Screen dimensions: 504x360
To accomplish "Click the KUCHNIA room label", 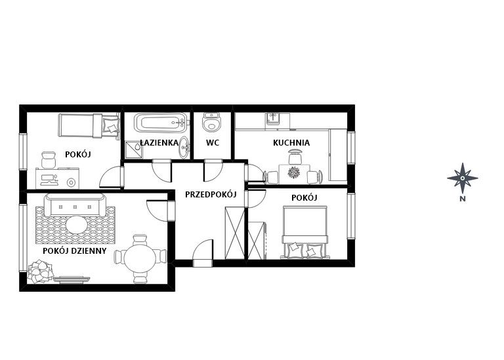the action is pyautogui.click(x=291, y=143).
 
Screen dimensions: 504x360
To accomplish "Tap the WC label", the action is pyautogui.click(x=213, y=142).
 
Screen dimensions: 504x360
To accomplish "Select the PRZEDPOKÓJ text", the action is pyautogui.click(x=211, y=194).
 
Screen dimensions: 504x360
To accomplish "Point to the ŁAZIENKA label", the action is pyautogui.click(x=159, y=142).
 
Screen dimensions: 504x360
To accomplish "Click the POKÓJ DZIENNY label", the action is pyautogui.click(x=75, y=250).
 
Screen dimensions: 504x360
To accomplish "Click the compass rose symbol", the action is pyautogui.click(x=462, y=178).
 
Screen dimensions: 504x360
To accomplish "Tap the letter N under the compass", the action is pyautogui.click(x=463, y=199).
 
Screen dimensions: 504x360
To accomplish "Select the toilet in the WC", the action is pyautogui.click(x=211, y=121).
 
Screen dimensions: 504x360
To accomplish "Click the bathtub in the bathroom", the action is pyautogui.click(x=161, y=123).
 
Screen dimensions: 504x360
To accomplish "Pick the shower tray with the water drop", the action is pyautogui.click(x=133, y=150).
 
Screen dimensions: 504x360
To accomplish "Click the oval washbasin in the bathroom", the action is pyautogui.click(x=184, y=148).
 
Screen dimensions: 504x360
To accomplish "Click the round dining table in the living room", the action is pyautogui.click(x=140, y=258).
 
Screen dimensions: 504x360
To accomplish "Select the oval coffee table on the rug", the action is pyautogui.click(x=77, y=224).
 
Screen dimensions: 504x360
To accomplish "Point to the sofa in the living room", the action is pyautogui.click(x=75, y=205).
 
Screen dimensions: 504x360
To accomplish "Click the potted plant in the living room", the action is pyautogui.click(x=40, y=271).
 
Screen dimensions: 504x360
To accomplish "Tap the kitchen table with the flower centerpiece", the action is pyautogui.click(x=294, y=174).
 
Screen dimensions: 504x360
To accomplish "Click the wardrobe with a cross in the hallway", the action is pyautogui.click(x=235, y=233).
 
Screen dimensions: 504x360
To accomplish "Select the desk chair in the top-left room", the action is pyautogui.click(x=49, y=159).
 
